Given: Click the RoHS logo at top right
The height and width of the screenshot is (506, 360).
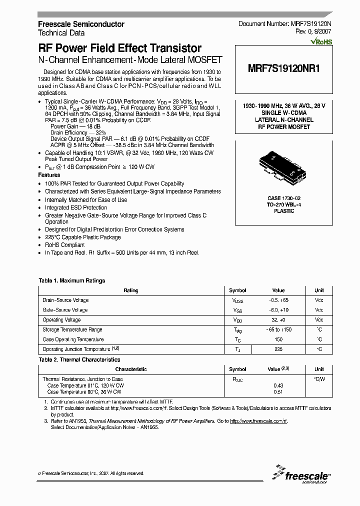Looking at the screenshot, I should coord(321,42).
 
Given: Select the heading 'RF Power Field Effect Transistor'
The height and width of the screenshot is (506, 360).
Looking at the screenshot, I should coord(120,48).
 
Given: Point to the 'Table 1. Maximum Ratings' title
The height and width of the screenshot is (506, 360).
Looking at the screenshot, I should coord(72,281).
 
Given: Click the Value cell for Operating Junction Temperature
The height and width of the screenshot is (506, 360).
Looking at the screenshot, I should coord(278,349).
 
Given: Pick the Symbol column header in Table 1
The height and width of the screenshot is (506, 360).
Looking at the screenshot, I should coord(237,290).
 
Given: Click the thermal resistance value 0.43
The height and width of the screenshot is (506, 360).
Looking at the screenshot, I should coord(278,385).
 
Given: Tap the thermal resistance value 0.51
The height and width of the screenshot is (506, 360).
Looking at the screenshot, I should coord(278,392).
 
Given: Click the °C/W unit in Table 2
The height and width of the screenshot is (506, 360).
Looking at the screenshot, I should coord(319,379).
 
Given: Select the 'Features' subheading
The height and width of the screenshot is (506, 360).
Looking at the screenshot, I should coord(49,175).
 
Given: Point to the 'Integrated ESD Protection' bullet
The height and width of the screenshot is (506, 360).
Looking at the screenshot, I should coord(76,207).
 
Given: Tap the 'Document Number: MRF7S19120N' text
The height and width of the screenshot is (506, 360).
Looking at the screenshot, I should coord(285,24).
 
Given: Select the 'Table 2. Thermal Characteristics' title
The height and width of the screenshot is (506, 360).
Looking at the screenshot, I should coord(79,359).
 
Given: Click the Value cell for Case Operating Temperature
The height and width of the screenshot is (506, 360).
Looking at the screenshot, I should coord(278,339).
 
